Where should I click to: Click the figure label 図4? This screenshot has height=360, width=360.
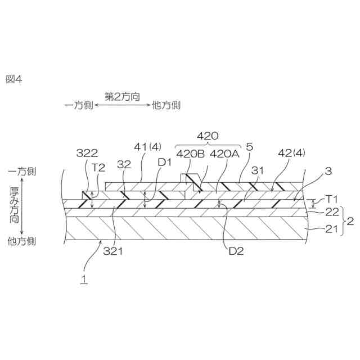point(13,79)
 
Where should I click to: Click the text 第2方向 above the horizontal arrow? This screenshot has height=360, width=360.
point(122,96)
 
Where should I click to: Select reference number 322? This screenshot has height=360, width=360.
point(88,153)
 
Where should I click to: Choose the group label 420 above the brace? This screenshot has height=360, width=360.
point(208,136)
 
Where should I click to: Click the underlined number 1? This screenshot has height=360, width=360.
point(83,278)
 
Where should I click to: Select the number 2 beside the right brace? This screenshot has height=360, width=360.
point(349,221)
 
